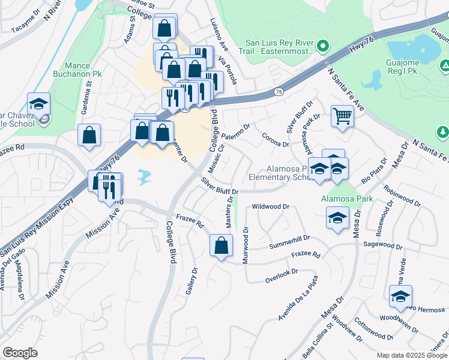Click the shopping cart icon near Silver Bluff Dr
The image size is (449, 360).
pos(342,116)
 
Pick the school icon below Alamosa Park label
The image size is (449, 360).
pos(338,218)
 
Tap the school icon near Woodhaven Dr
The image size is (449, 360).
pos(400,296)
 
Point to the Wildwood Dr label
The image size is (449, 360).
pos(271,206)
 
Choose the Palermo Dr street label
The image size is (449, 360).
pos(237,129)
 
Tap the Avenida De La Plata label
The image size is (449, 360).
pos(297,299)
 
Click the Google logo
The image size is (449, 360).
pos(20,353)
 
